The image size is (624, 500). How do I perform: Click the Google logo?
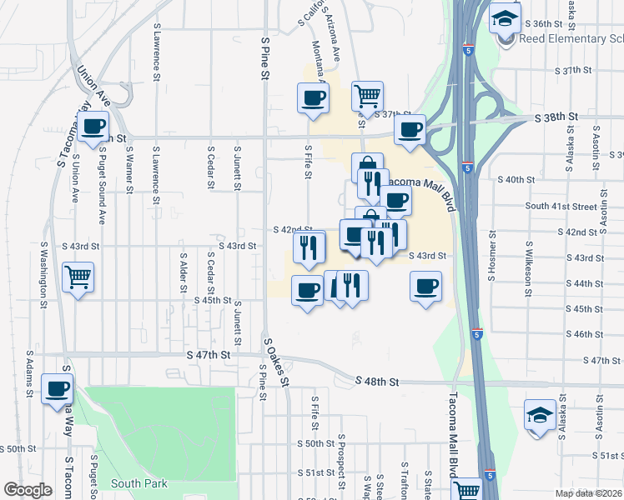tap(28, 490)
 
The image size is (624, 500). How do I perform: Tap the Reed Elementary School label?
tap(571, 38)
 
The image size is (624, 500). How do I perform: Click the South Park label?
tap(138, 483)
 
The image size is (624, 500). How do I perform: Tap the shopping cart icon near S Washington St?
tap(78, 277)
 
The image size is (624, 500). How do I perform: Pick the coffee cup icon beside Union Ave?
tap(93, 128)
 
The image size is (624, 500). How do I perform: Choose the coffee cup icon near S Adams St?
tap(58, 389)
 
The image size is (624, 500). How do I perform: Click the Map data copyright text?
tap(590, 493)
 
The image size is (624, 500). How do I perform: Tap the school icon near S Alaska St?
tap(540, 415)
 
